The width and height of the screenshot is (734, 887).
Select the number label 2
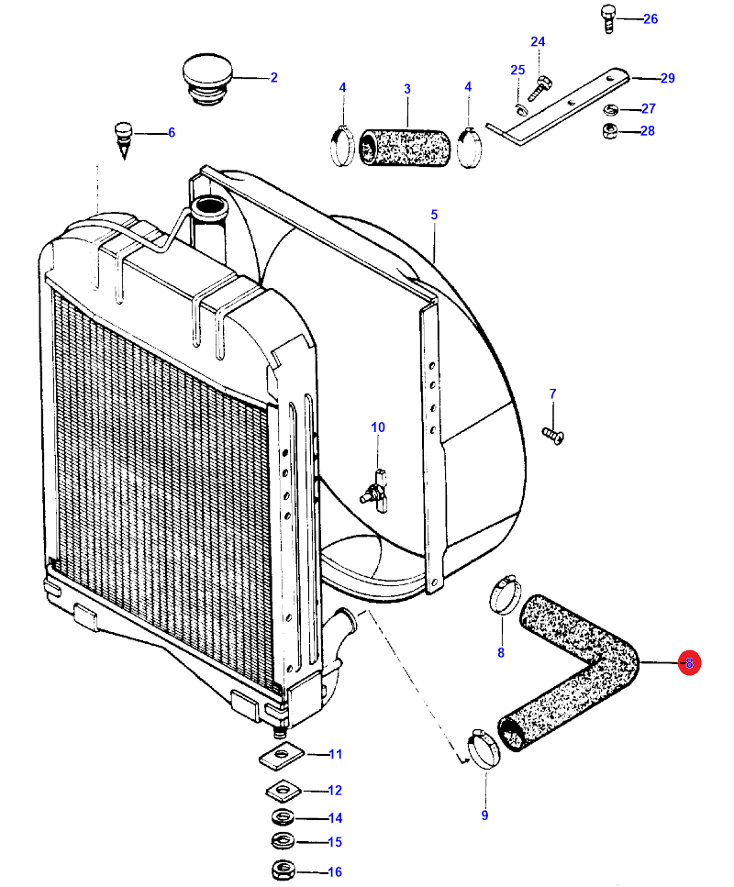(x=273, y=78)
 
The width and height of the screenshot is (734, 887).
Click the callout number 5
(x=434, y=215)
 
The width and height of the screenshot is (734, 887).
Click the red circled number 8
(x=689, y=662)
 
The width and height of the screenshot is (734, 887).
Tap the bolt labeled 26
(x=607, y=17)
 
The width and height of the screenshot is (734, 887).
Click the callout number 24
(x=538, y=42)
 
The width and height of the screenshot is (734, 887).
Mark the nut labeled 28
(x=609, y=132)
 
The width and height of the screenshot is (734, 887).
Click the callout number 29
(x=667, y=78)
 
